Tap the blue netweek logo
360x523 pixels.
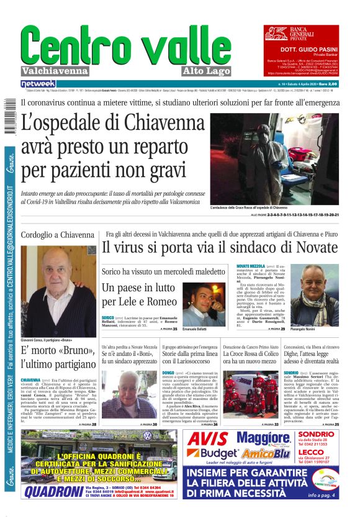[38, 84]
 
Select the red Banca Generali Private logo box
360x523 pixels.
[302, 32]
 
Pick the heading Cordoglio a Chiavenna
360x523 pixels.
[58, 235]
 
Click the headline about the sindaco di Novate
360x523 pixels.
[222, 247]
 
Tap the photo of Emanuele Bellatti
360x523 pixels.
[204, 304]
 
